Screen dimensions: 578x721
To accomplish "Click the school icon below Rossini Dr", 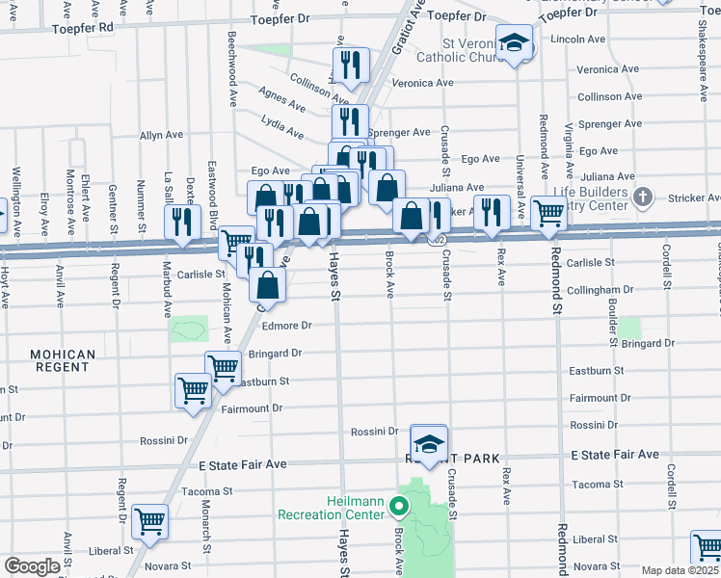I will tap(429, 444).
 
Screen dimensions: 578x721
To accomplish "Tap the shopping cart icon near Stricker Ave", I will tap(548, 213).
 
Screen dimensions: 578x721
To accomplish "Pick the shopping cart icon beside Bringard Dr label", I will tap(223, 368).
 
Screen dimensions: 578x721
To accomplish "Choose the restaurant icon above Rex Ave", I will tap(493, 214).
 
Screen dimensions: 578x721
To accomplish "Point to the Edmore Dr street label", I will tap(287, 354).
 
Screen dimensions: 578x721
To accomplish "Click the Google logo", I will tap(32, 566).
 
